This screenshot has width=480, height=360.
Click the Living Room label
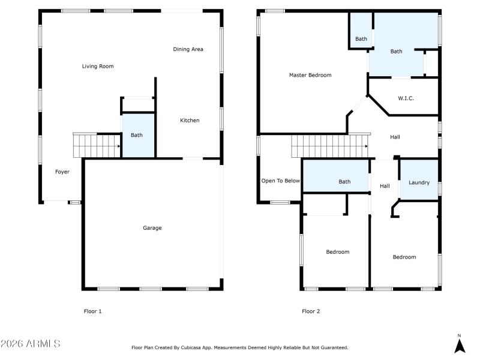coord(97,67)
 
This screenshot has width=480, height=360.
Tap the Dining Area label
coord(188,49)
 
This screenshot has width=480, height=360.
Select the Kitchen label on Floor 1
coord(190,121)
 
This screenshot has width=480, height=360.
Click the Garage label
coord(152,228)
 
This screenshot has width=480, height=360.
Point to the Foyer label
coord(62,172)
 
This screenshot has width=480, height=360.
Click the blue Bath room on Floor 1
coord(137,136)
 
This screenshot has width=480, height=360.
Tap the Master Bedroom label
coord(310,76)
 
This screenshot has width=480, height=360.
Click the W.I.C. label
coord(406,98)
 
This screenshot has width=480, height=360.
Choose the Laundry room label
coord(419,182)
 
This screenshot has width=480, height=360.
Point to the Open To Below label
coord(280,181)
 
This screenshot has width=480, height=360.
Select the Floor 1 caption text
coord(92,311)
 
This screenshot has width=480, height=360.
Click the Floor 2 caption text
coord(311,311)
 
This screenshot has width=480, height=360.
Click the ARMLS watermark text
coord(30,344)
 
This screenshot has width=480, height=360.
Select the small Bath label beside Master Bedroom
coord(361,39)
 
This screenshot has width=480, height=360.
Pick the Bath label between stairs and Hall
coord(344,182)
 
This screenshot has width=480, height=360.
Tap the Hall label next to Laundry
coord(385,186)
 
